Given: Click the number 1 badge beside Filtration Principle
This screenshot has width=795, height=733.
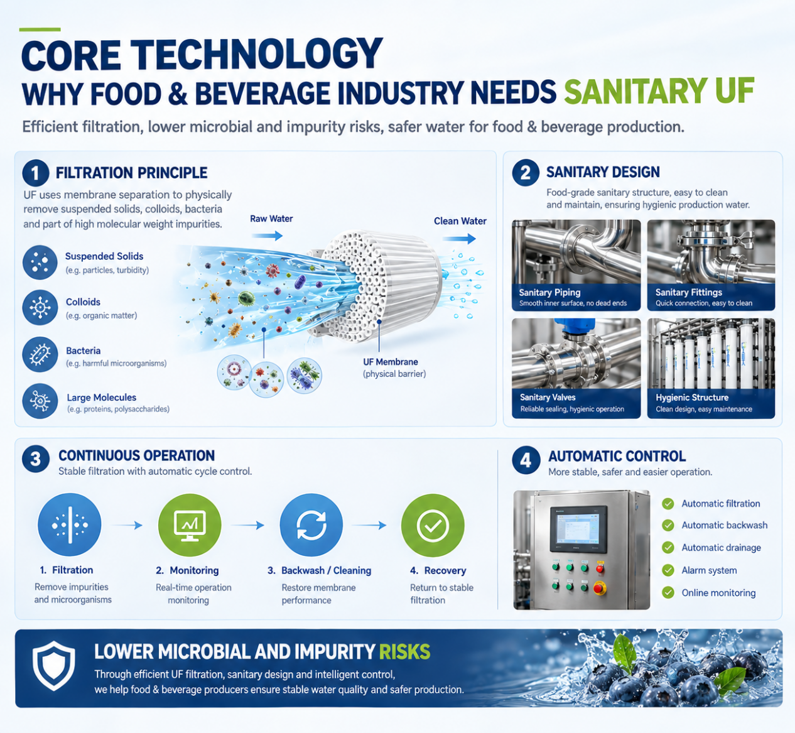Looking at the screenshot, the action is [x=36, y=173].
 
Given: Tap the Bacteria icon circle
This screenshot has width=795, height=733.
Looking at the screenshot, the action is [x=40, y=354].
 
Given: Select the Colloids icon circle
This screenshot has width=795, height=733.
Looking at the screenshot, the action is [x=40, y=307].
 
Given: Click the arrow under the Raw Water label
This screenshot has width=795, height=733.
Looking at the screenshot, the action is [x=268, y=236].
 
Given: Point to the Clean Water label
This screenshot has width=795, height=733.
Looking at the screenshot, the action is [x=460, y=221].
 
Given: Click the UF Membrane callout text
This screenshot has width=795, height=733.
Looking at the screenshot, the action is [x=394, y=367].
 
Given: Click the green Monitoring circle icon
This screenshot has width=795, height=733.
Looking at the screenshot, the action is [x=190, y=525].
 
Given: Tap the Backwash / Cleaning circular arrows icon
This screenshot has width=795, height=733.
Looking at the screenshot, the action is [x=311, y=525].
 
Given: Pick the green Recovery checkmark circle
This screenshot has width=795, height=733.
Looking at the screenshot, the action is [x=433, y=526].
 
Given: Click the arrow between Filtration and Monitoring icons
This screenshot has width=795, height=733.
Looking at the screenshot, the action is [x=127, y=525].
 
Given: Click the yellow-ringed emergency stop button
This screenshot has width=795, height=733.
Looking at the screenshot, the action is [x=599, y=588].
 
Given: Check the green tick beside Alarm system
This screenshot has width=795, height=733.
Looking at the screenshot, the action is [x=668, y=570].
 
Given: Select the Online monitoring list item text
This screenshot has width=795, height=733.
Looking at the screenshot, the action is [x=718, y=593].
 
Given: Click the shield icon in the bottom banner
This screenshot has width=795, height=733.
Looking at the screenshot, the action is [x=53, y=666].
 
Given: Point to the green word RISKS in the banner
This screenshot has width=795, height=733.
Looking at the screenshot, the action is [x=404, y=652].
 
